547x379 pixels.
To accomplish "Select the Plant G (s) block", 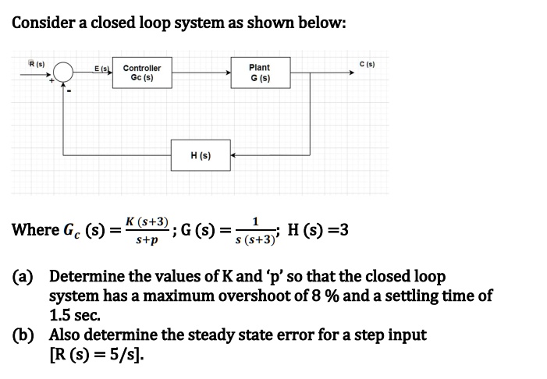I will click(x=259, y=73).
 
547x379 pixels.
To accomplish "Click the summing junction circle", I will click(x=63, y=73).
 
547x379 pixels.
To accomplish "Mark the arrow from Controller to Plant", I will click(x=201, y=73).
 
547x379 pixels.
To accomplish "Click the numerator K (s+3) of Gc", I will click(x=148, y=221).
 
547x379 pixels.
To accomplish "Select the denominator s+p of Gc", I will click(x=147, y=241).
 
